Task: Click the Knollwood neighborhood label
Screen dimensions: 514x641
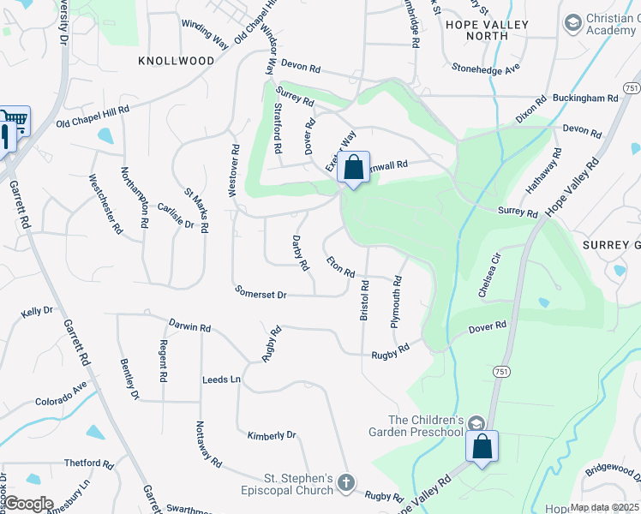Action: point(176,61)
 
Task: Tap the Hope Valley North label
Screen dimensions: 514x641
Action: point(487,25)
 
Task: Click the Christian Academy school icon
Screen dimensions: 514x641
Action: point(572,20)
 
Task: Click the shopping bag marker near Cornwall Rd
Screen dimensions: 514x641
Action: point(353,168)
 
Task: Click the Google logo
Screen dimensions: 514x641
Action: point(27,504)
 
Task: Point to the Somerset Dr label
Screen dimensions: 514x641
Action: point(261,293)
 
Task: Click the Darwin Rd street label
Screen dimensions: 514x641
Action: point(190,327)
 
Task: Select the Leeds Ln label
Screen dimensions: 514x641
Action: point(221,379)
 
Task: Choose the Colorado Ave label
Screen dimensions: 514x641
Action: point(61,397)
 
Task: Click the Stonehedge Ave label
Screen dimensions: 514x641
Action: point(486,67)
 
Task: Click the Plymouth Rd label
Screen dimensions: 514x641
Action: point(396,302)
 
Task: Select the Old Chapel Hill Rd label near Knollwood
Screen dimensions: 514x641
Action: point(93,116)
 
